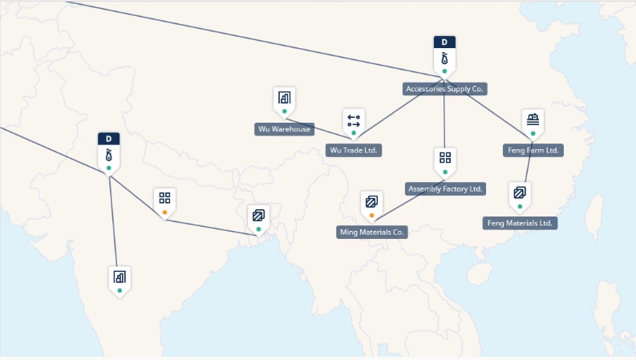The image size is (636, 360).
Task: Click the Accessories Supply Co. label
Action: pyautogui.click(x=445, y=89)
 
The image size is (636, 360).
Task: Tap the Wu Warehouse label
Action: pyautogui.click(x=284, y=129)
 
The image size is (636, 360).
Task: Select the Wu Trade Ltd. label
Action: pyautogui.click(x=354, y=150)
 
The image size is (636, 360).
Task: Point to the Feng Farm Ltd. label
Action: pyautogui.click(x=533, y=150)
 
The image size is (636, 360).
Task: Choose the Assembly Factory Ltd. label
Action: pyautogui.click(x=445, y=189)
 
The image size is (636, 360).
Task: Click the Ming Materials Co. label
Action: pyautogui.click(x=372, y=233)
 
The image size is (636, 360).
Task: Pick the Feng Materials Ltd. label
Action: pyautogui.click(x=521, y=223)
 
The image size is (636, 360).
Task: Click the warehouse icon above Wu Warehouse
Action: pyautogui.click(x=284, y=99)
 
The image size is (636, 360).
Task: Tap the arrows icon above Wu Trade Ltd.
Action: pyautogui.click(x=354, y=120)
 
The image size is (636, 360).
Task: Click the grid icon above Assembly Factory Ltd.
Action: pyautogui.click(x=445, y=158)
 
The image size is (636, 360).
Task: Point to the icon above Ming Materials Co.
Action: pyautogui.click(x=371, y=201)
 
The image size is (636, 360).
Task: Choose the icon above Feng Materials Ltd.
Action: pyautogui.click(x=520, y=192)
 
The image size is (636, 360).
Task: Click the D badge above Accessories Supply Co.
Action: pyautogui.click(x=444, y=42)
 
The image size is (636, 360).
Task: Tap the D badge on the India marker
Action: pyautogui.click(x=109, y=139)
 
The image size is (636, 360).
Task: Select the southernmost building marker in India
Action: pyautogui.click(x=120, y=277)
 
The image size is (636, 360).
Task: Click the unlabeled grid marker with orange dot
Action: pyautogui.click(x=164, y=199)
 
